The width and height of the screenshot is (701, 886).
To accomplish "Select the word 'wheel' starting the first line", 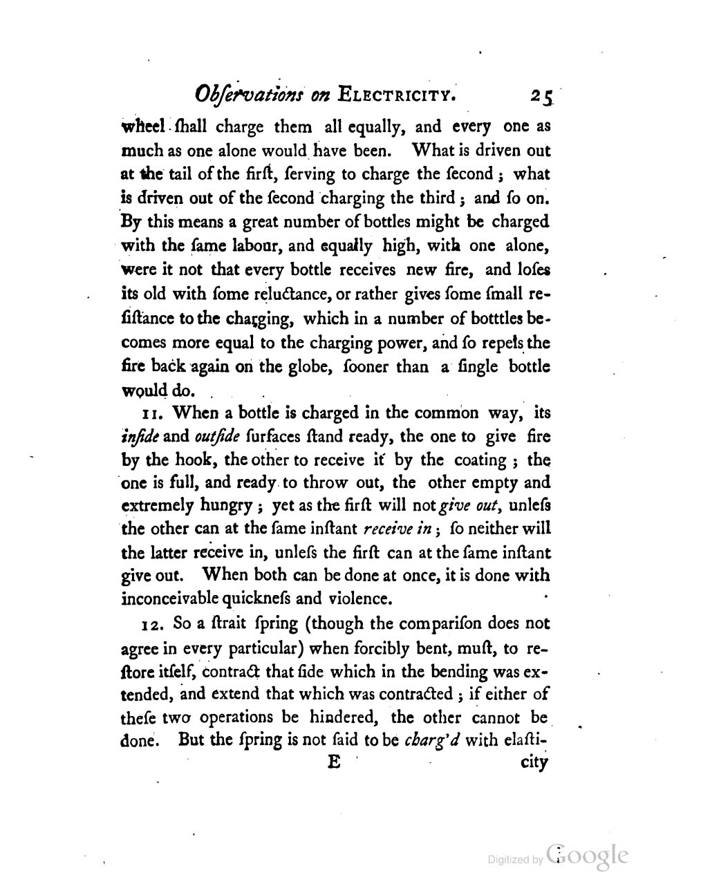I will coord(142,127).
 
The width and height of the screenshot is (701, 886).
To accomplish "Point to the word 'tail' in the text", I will coord(167,174).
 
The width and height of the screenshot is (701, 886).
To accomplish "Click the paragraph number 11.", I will coord(151,414).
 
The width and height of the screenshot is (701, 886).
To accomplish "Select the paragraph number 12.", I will coord(153,624).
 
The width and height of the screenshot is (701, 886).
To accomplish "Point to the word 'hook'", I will coord(200,460).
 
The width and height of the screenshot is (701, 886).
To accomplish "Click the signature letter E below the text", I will coord(335,762).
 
